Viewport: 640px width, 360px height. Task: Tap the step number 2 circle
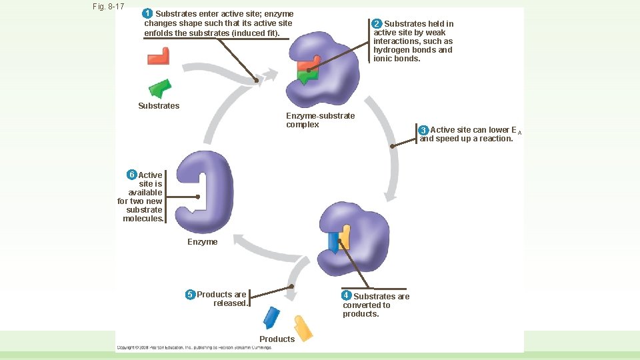click(x=377, y=24)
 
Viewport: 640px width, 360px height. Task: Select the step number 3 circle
click(x=423, y=130)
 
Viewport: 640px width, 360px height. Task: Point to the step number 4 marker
click(x=346, y=295)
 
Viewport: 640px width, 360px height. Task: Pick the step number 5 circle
click(x=190, y=295)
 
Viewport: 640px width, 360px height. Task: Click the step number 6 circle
click(x=132, y=175)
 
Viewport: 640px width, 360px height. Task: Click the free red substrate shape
click(x=159, y=57)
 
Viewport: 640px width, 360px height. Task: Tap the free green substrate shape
click(x=159, y=89)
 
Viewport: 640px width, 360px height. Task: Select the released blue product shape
click(x=271, y=317)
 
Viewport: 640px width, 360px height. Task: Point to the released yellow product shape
click(x=303, y=327)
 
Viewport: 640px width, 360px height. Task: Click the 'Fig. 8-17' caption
click(x=109, y=7)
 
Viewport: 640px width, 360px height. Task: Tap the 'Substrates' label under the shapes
click(x=159, y=106)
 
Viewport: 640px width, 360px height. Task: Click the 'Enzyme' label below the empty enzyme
click(x=202, y=242)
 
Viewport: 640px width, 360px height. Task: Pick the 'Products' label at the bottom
click(x=277, y=339)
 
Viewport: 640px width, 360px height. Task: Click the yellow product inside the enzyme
click(x=345, y=236)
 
